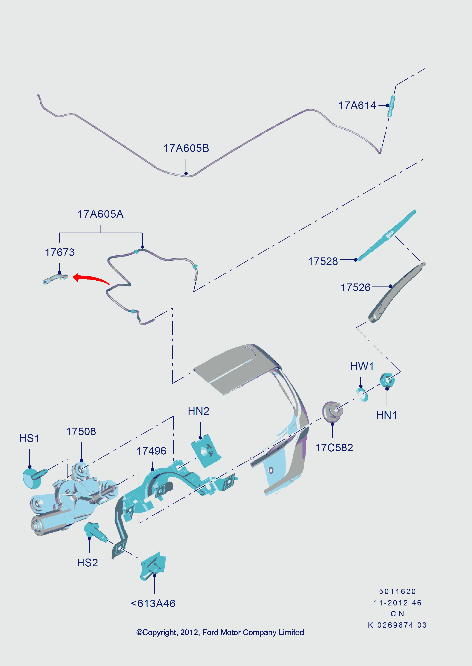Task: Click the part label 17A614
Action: (357, 105)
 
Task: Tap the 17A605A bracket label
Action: (101, 214)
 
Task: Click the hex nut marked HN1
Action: (387, 380)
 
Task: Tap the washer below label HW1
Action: (362, 394)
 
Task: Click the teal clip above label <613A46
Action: (153, 566)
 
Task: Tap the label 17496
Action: (151, 451)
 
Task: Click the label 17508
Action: (81, 431)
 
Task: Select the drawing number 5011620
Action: (397, 591)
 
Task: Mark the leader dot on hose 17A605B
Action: (186, 174)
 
